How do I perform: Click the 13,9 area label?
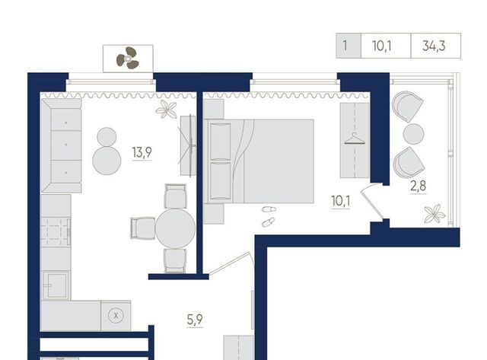click(x=142, y=152)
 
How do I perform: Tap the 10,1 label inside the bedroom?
click(x=341, y=201)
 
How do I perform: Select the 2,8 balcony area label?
click(x=419, y=186)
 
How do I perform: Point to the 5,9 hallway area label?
click(x=195, y=320)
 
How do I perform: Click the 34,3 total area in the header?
click(x=434, y=46)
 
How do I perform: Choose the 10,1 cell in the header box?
click(x=382, y=46)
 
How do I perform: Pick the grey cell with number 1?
click(x=349, y=46)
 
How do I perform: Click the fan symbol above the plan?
click(x=127, y=58)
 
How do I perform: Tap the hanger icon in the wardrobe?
click(x=355, y=139)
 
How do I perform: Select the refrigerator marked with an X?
click(x=116, y=316)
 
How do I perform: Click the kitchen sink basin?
click(x=56, y=285)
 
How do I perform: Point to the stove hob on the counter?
click(x=56, y=231)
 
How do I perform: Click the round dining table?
click(x=175, y=228)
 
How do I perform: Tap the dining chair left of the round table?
click(x=143, y=228)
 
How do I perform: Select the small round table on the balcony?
click(x=413, y=134)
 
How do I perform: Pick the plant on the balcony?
click(x=435, y=213)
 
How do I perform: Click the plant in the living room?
click(x=167, y=110)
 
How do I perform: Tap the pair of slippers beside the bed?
click(x=269, y=215)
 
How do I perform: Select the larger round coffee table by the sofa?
click(x=107, y=161)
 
